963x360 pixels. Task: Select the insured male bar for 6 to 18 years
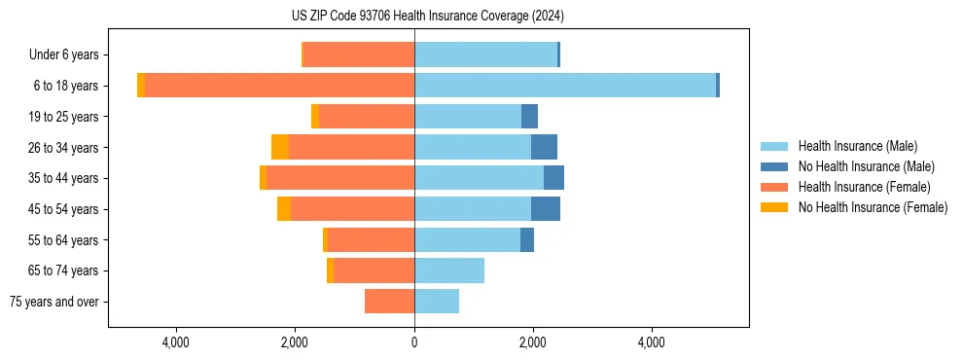(x=565, y=86)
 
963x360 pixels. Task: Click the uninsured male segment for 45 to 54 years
(x=546, y=209)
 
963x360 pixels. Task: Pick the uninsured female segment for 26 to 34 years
(x=280, y=148)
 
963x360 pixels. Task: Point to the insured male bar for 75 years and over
(x=437, y=302)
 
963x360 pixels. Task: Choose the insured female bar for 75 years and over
(x=389, y=302)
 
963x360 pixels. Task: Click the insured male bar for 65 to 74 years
(x=449, y=270)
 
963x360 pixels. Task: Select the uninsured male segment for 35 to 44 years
(x=553, y=178)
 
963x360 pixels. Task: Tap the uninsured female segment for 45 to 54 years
(x=284, y=209)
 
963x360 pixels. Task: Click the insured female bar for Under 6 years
(x=359, y=54)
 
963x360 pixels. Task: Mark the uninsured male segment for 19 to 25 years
(x=529, y=117)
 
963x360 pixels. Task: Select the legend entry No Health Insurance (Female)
(x=873, y=207)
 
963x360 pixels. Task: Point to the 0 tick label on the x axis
(x=414, y=342)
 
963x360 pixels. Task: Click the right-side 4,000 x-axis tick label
(x=651, y=342)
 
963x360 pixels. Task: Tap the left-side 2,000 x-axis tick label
(x=295, y=342)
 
